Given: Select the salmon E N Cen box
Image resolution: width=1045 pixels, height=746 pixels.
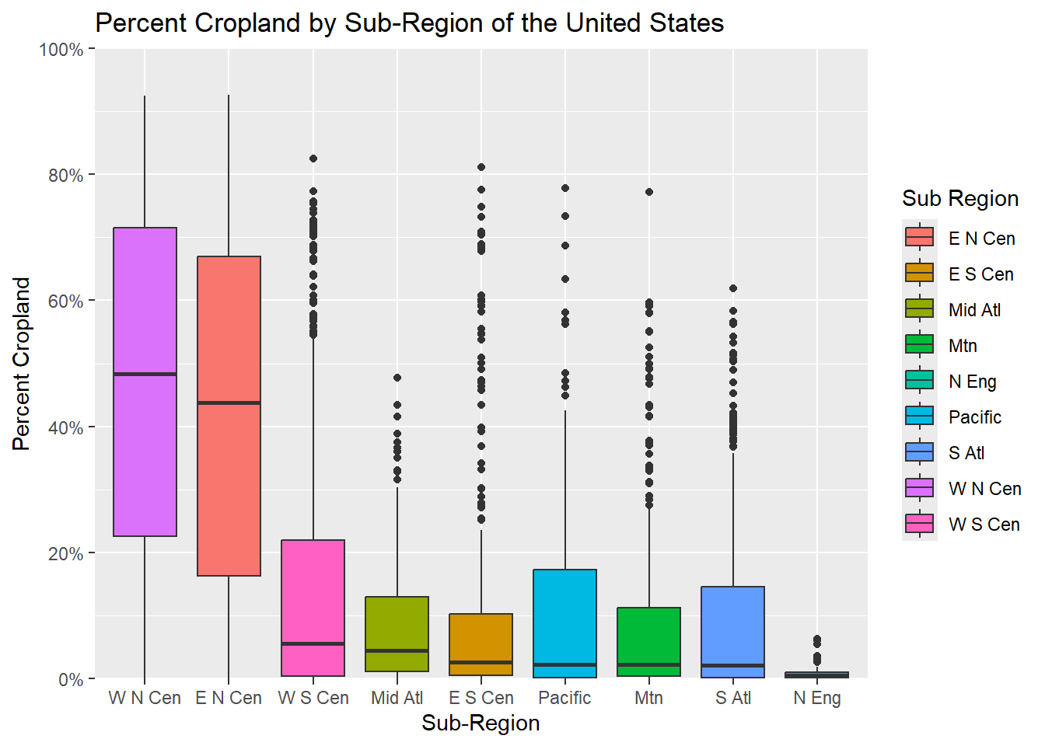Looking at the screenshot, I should [x=229, y=482].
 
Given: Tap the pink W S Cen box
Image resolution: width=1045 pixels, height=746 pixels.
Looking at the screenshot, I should [x=313, y=591].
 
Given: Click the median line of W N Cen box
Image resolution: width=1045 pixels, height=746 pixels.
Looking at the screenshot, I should [x=145, y=374].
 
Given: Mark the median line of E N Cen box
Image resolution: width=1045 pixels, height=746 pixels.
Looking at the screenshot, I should [x=229, y=403].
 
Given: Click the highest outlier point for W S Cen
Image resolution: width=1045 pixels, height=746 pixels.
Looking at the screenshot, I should [x=313, y=159].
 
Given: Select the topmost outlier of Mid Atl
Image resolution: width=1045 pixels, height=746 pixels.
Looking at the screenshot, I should [x=397, y=378].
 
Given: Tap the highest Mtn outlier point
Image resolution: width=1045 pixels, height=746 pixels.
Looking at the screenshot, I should [x=649, y=192].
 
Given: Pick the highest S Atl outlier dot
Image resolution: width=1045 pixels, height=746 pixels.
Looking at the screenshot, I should [x=733, y=288].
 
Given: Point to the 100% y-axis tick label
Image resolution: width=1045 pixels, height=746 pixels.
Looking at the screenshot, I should [x=61, y=50].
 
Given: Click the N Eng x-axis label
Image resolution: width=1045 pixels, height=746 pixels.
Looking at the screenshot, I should [x=816, y=698].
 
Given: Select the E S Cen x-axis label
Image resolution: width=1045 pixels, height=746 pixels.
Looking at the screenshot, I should [x=481, y=698].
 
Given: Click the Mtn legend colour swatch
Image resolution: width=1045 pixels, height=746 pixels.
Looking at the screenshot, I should [x=919, y=344].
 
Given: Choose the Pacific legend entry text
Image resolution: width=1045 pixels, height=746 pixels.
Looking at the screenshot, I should [x=974, y=417].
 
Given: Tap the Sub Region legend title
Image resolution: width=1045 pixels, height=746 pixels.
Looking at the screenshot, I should [x=959, y=199].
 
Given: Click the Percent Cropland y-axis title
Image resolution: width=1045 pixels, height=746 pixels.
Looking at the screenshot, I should [x=22, y=364].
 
